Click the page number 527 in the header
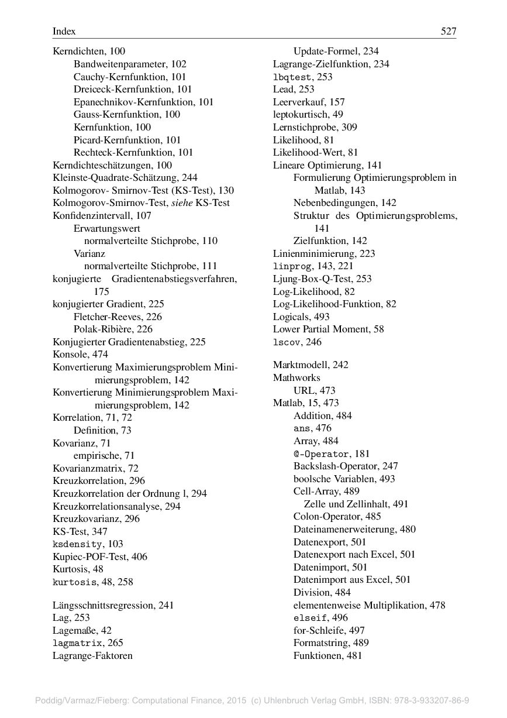click(448, 32)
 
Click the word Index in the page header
click(64, 32)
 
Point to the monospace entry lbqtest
click(294, 77)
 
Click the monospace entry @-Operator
click(322, 454)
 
